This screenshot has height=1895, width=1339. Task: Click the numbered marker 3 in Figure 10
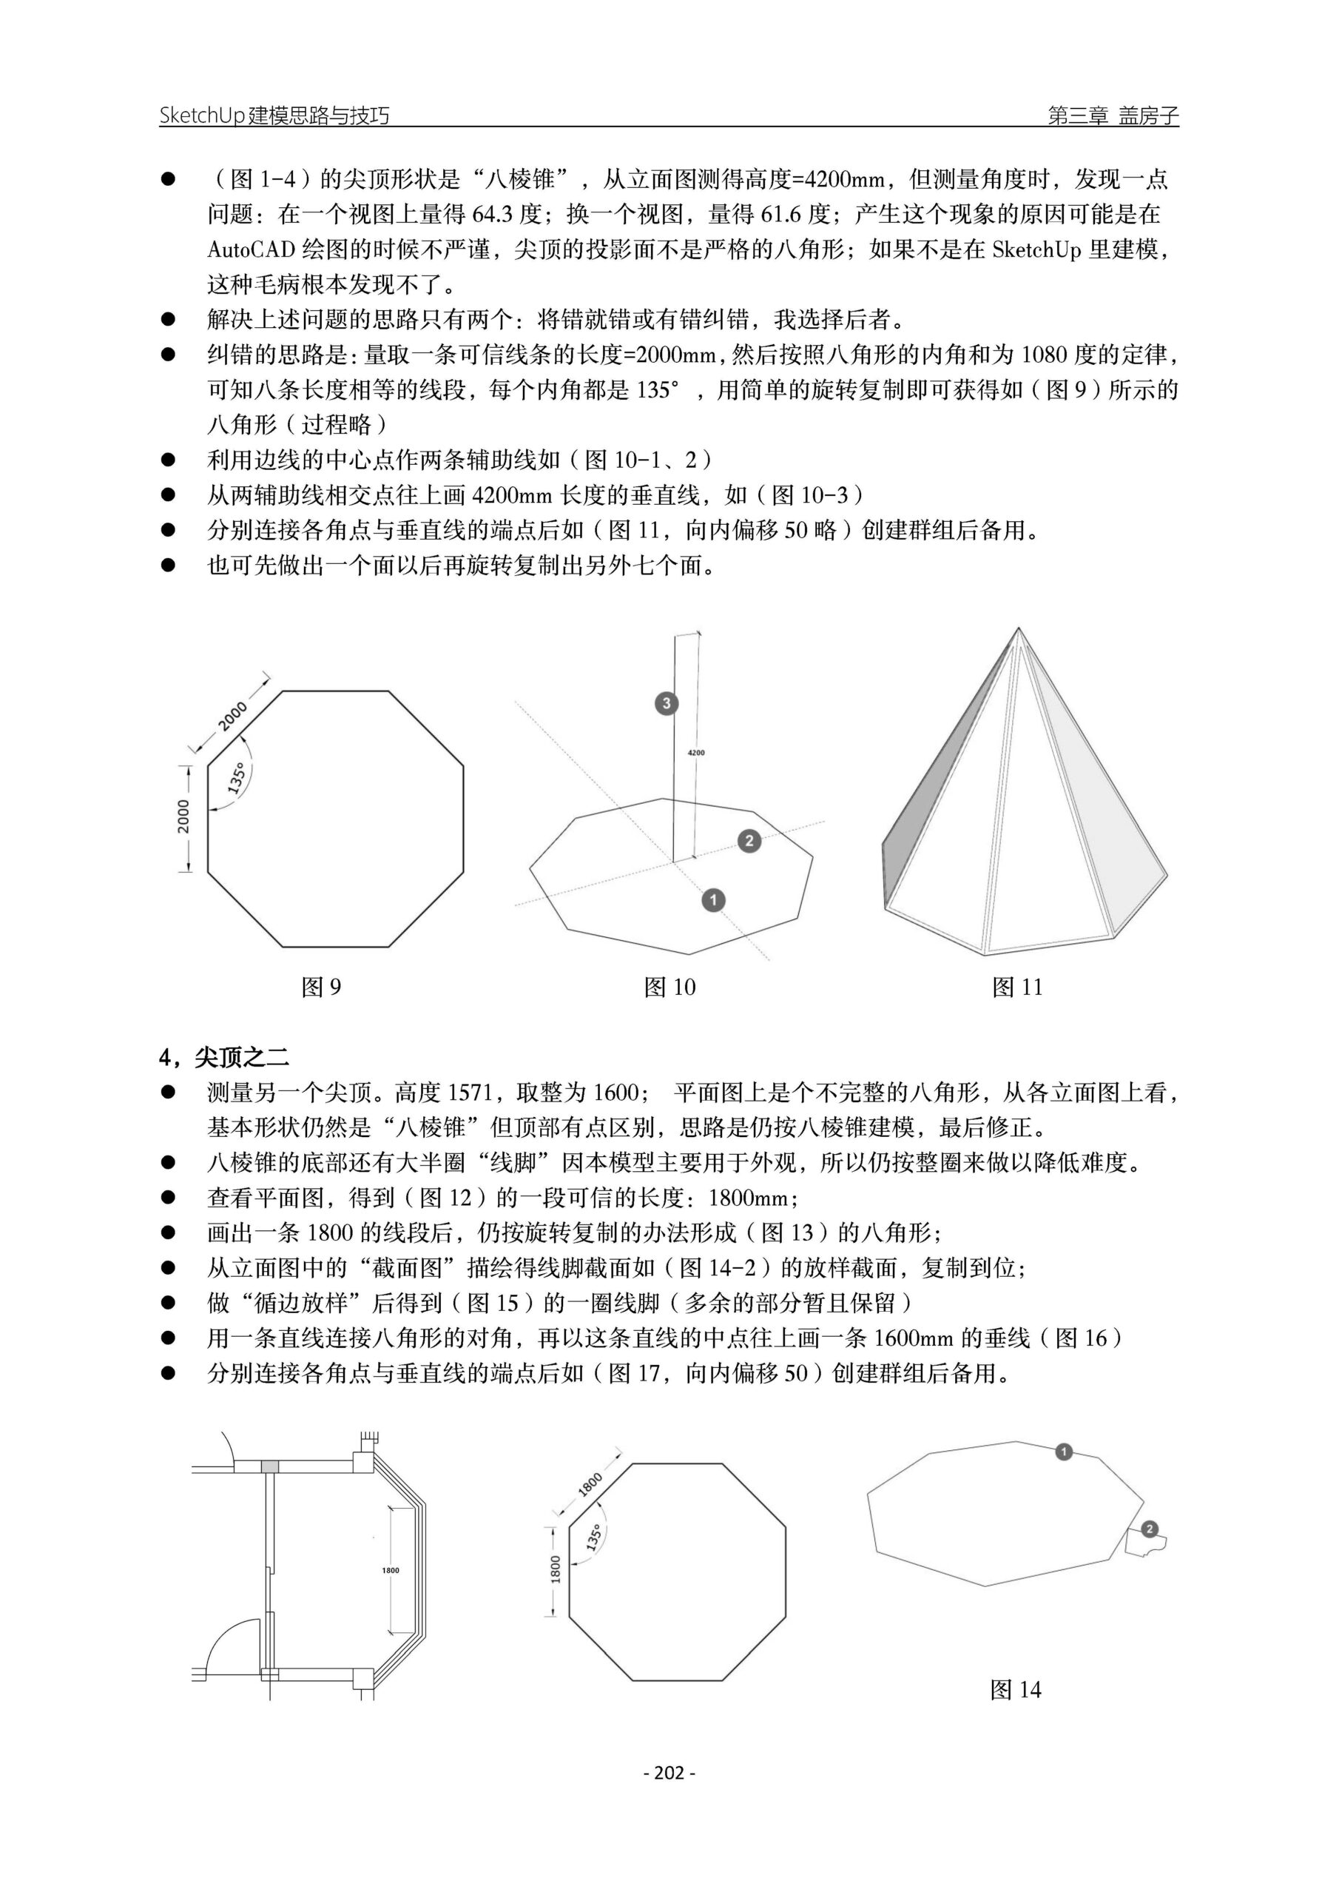666,703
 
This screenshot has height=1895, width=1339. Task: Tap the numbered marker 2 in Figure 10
749,841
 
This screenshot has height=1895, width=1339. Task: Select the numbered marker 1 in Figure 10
713,899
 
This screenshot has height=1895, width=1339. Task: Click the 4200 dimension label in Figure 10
695,753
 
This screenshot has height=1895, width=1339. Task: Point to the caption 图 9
320,987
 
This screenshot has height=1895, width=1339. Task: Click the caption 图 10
669,987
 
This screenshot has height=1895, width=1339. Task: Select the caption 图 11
1016,987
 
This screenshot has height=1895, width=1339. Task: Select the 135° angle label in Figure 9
236,778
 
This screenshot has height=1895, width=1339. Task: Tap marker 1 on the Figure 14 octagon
1064,1451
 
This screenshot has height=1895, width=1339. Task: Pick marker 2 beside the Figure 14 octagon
1149,1529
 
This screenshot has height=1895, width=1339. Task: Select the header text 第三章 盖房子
1112,115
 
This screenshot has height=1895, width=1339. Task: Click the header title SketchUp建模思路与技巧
274,115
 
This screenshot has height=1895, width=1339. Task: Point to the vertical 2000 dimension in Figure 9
183,816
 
